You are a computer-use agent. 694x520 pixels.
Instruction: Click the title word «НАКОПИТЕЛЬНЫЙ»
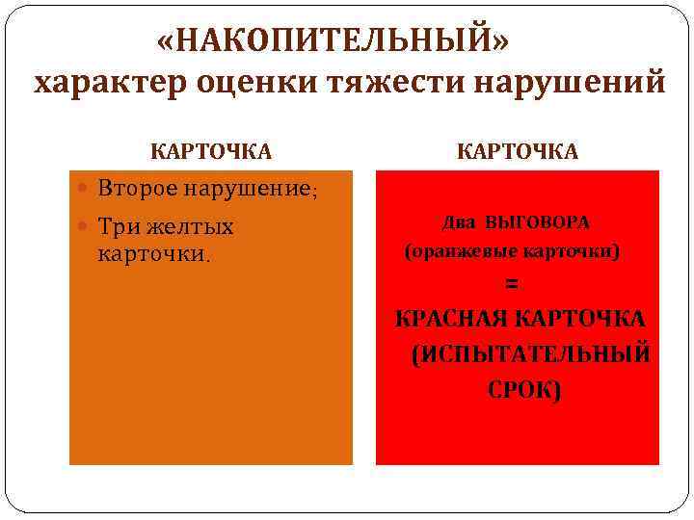(335, 41)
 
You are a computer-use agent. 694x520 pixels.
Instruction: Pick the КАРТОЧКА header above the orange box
(211, 151)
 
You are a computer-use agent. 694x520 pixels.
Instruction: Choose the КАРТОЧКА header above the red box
(517, 151)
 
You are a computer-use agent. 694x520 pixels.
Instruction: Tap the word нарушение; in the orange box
(253, 188)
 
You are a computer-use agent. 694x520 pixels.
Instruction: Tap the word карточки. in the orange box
(153, 254)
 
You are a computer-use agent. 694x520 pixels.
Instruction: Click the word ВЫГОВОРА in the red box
(539, 222)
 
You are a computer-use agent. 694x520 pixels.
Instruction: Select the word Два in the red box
(461, 222)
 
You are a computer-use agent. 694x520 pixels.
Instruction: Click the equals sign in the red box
(512, 284)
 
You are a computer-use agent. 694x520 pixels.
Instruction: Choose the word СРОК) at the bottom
(523, 390)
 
